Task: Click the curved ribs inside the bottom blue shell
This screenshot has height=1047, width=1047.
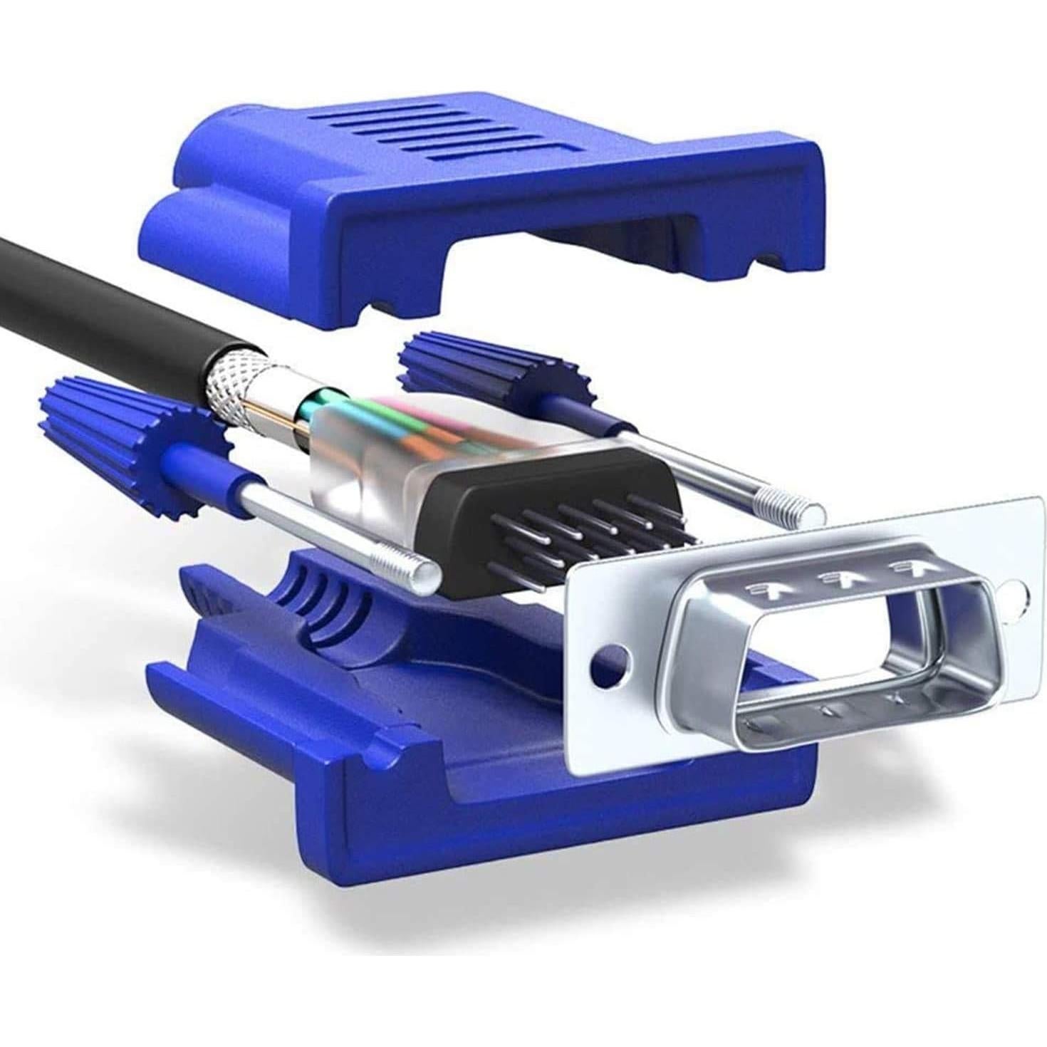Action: coord(321,598)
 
